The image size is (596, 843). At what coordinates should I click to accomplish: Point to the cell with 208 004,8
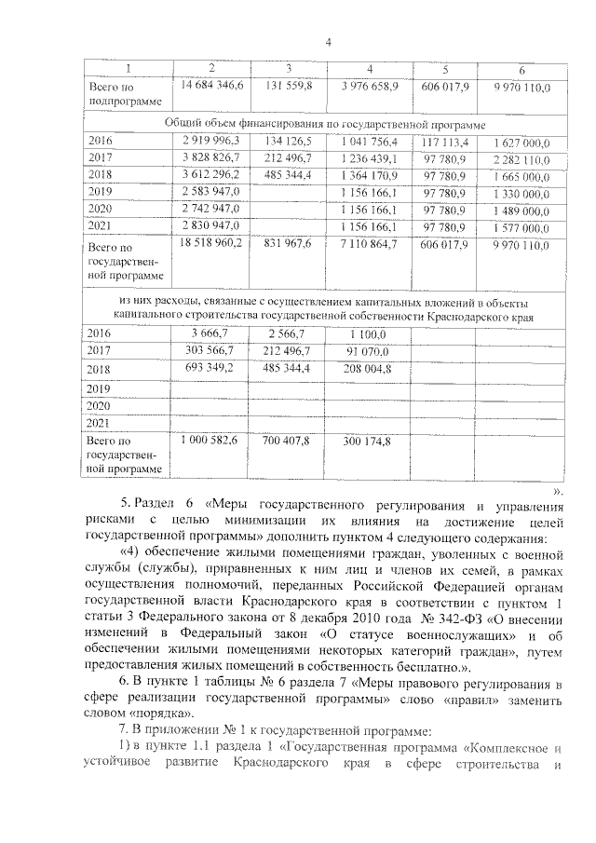pyautogui.click(x=370, y=369)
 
